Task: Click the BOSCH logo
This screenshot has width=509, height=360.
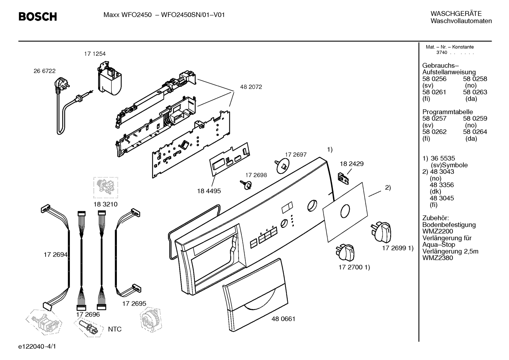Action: point(37,17)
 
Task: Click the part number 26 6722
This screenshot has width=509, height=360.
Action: point(44,71)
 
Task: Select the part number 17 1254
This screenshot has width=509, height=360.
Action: point(95,54)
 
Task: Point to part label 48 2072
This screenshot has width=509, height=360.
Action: point(251,87)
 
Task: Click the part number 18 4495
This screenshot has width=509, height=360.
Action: point(209,191)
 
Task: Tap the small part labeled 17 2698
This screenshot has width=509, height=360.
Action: point(246,185)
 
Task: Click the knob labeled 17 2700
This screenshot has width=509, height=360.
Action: point(345,252)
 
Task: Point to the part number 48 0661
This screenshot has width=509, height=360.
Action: point(283,319)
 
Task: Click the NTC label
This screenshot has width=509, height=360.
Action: point(115,329)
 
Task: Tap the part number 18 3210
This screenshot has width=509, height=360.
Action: point(106,204)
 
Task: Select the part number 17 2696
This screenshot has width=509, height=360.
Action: point(88,314)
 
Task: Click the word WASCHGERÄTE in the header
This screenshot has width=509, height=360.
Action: point(456,14)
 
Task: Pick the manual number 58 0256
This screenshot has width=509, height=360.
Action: point(434,79)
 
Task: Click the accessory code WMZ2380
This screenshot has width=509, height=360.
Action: point(438,258)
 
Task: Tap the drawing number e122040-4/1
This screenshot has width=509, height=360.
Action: point(37,346)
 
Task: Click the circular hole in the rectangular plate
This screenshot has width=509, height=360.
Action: point(345,211)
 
